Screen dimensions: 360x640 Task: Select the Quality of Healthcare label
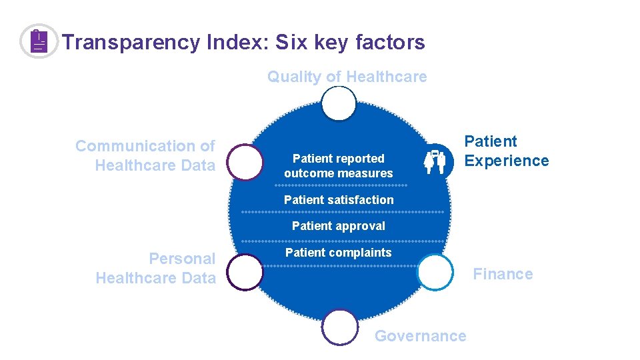[x=347, y=77]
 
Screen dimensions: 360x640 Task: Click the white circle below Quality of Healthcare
[x=339, y=105]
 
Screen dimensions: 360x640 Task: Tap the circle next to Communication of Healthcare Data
[x=245, y=163]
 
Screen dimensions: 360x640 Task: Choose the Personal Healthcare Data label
[x=156, y=268]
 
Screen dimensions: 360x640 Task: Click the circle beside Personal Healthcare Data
[x=245, y=273]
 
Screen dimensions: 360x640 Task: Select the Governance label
[x=420, y=336]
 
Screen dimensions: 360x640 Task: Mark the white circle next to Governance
[x=339, y=327]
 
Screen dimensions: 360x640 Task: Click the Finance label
[x=503, y=274]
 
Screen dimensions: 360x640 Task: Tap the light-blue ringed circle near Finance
[x=435, y=273]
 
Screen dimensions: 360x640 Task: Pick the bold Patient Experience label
[x=506, y=151]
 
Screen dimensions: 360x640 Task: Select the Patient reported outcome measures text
[x=339, y=166]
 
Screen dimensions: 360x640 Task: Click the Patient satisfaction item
[x=339, y=199]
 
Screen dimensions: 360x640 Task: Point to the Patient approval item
[x=339, y=226]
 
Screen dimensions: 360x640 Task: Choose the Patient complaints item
[x=339, y=253]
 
